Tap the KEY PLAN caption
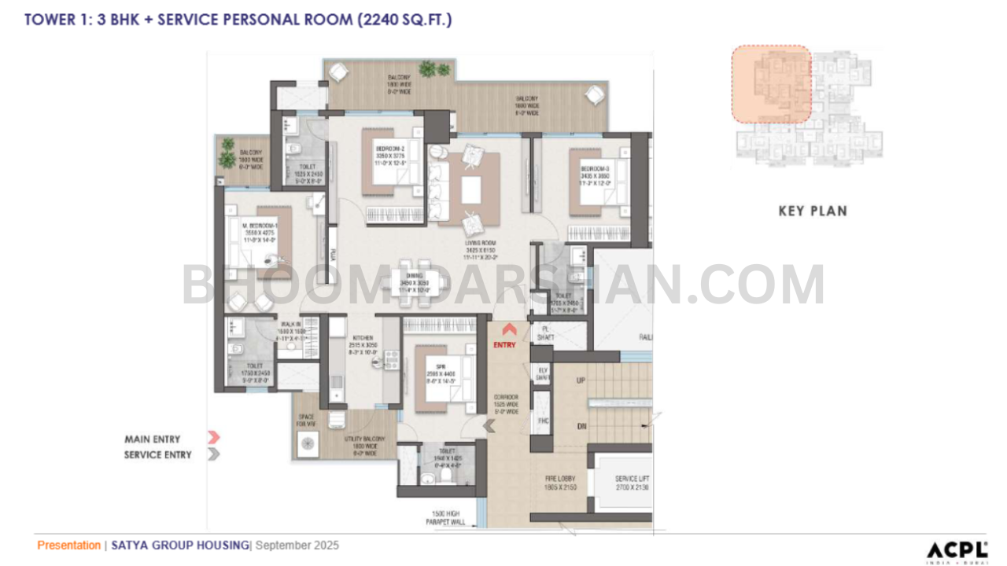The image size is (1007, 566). click(x=813, y=211)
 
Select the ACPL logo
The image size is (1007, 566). click(x=957, y=549)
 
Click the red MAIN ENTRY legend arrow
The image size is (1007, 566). click(x=213, y=438)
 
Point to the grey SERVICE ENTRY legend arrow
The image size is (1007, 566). click(x=213, y=454)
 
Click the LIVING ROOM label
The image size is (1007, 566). click(x=482, y=244)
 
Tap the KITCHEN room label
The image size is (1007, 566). click(x=362, y=337)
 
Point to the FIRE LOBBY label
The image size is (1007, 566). click(x=562, y=479)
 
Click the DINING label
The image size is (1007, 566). click(x=415, y=275)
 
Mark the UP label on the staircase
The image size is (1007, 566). click(x=581, y=380)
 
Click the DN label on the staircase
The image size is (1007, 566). click(x=581, y=426)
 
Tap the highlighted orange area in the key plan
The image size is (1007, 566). click(x=771, y=83)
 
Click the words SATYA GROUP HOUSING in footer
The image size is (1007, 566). click(x=179, y=546)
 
